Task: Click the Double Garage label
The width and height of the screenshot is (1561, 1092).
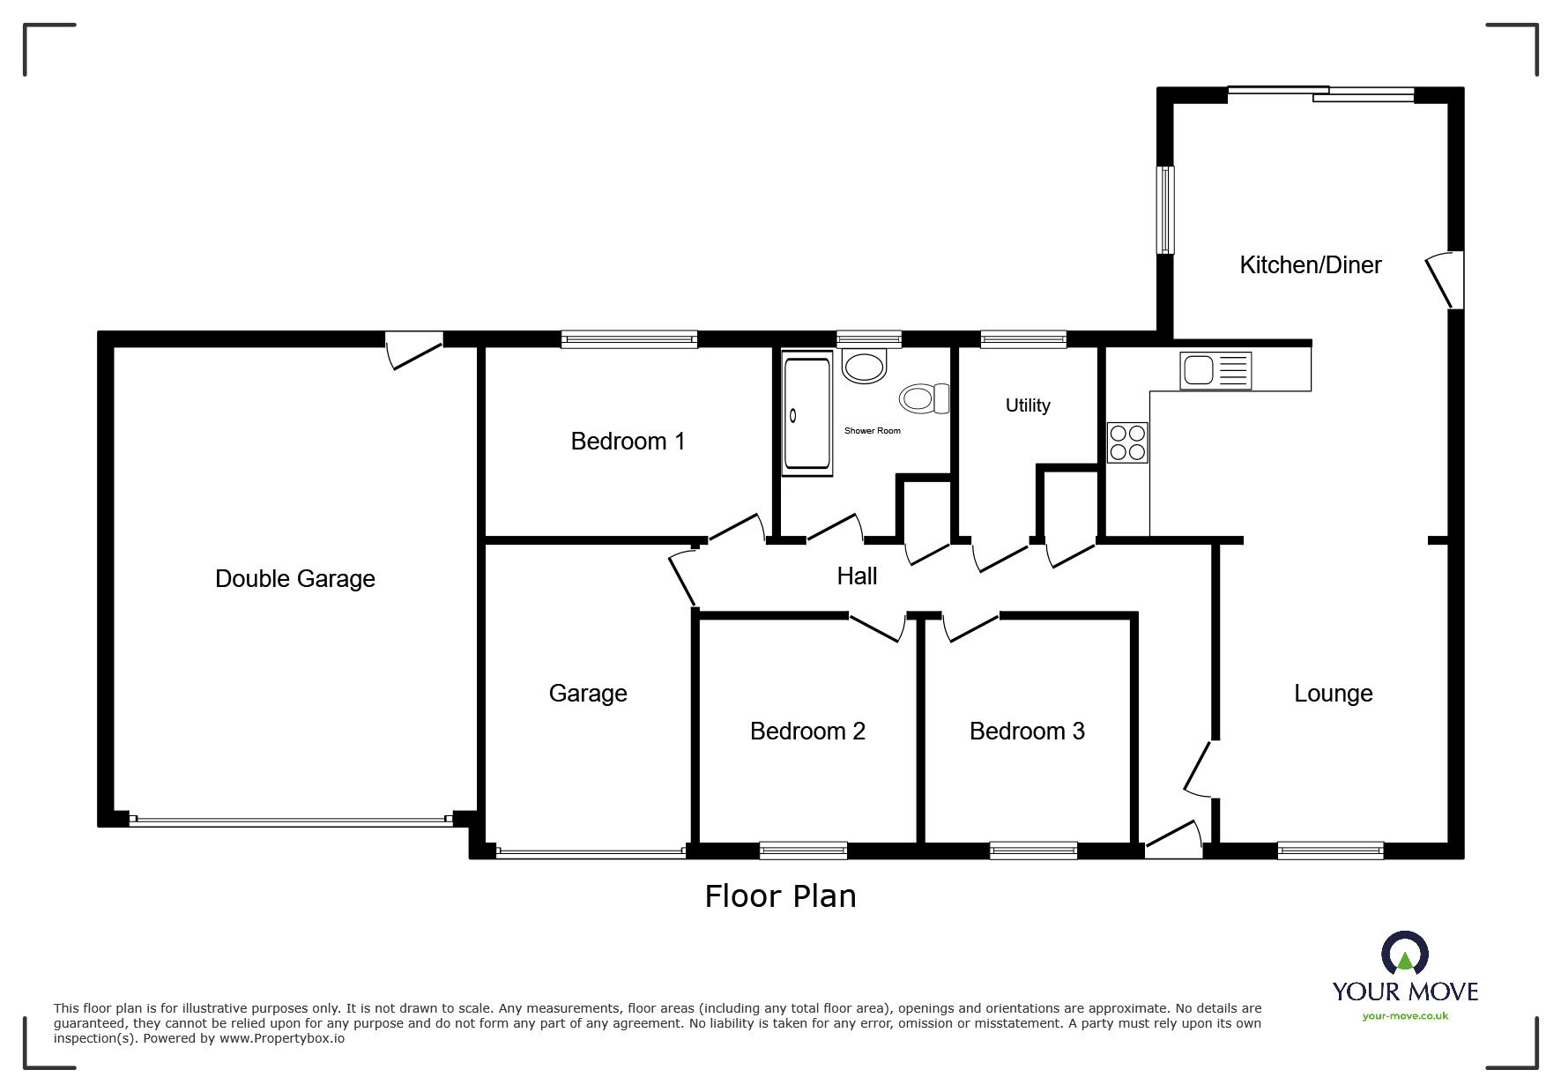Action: (x=295, y=579)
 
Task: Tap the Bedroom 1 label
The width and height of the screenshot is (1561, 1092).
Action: (x=628, y=442)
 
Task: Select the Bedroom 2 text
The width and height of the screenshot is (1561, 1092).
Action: (x=807, y=732)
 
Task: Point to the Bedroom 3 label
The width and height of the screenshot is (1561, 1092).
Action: (x=1027, y=732)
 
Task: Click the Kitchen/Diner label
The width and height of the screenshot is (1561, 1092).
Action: (x=1311, y=265)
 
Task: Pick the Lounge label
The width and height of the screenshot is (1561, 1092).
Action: (x=1333, y=694)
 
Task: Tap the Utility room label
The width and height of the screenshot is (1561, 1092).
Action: (x=1028, y=405)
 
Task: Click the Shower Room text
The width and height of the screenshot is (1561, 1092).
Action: (x=873, y=431)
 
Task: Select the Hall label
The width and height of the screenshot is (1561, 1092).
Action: (x=857, y=576)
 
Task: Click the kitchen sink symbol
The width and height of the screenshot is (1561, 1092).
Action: (x=1215, y=370)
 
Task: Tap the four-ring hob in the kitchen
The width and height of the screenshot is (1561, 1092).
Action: (x=1127, y=442)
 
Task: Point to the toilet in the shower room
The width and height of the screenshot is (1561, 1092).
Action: (x=924, y=398)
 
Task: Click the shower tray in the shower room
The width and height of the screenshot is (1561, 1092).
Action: (x=807, y=413)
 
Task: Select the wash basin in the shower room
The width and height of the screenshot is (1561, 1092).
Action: (x=864, y=366)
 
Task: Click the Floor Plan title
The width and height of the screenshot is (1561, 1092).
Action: (x=780, y=896)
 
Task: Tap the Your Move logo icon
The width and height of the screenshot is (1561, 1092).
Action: (x=1404, y=954)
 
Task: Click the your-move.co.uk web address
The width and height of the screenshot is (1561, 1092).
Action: (x=1405, y=1016)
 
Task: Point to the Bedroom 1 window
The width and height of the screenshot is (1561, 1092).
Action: (x=629, y=339)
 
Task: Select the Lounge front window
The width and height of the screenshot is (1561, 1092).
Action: (x=1330, y=851)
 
